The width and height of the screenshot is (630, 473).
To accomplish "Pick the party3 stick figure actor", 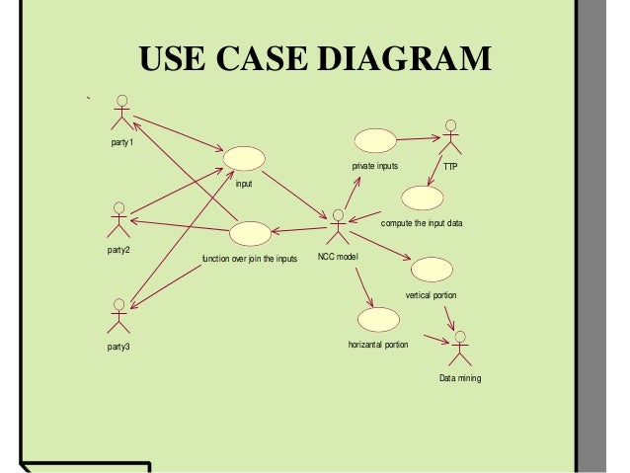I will click(x=118, y=314).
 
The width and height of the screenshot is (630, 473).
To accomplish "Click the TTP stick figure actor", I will click(x=450, y=137).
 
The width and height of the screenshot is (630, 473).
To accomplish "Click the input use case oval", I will click(x=244, y=158).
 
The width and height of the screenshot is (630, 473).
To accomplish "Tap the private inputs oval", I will click(x=375, y=140).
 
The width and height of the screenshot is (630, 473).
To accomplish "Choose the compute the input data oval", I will click(x=422, y=197).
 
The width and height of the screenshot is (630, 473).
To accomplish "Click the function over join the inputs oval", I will click(x=249, y=233).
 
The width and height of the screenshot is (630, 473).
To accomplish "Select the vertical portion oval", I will click(x=431, y=269).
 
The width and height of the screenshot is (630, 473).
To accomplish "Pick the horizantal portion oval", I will click(x=378, y=319).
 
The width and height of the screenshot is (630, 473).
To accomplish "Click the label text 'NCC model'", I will click(x=338, y=257).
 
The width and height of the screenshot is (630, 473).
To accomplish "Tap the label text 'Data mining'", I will click(x=460, y=378).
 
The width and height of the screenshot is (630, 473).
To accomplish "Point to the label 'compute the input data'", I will click(x=422, y=224).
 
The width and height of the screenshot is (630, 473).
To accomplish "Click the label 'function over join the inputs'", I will click(x=249, y=260).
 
